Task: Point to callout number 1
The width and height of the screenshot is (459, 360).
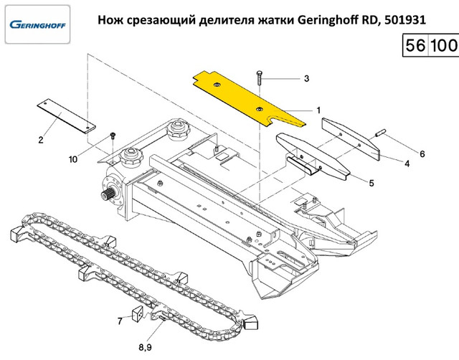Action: (318, 110)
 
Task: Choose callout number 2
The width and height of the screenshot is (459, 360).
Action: (41, 140)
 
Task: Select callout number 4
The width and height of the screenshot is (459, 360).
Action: (407, 164)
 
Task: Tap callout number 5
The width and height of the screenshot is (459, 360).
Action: (372, 184)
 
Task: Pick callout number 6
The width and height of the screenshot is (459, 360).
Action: (422, 154)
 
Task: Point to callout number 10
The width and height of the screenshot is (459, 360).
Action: (74, 159)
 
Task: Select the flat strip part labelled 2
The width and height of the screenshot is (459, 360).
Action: (65, 115)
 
